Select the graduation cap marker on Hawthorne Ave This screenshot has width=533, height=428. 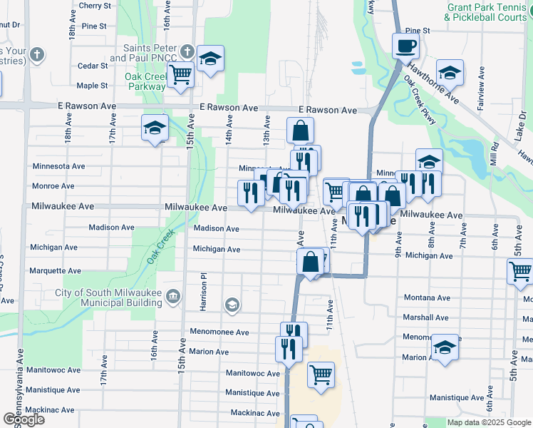coord(450,73)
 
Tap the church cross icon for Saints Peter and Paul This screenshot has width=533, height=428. coord(187,51)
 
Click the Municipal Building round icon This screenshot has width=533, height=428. coord(172,297)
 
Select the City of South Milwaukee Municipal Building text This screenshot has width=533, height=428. coord(109,297)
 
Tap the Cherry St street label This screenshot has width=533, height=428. coord(95,5)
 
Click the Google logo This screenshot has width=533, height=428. coord(23,419)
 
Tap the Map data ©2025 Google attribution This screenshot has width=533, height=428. coord(489,422)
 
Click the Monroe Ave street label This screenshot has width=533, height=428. coord(53,186)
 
